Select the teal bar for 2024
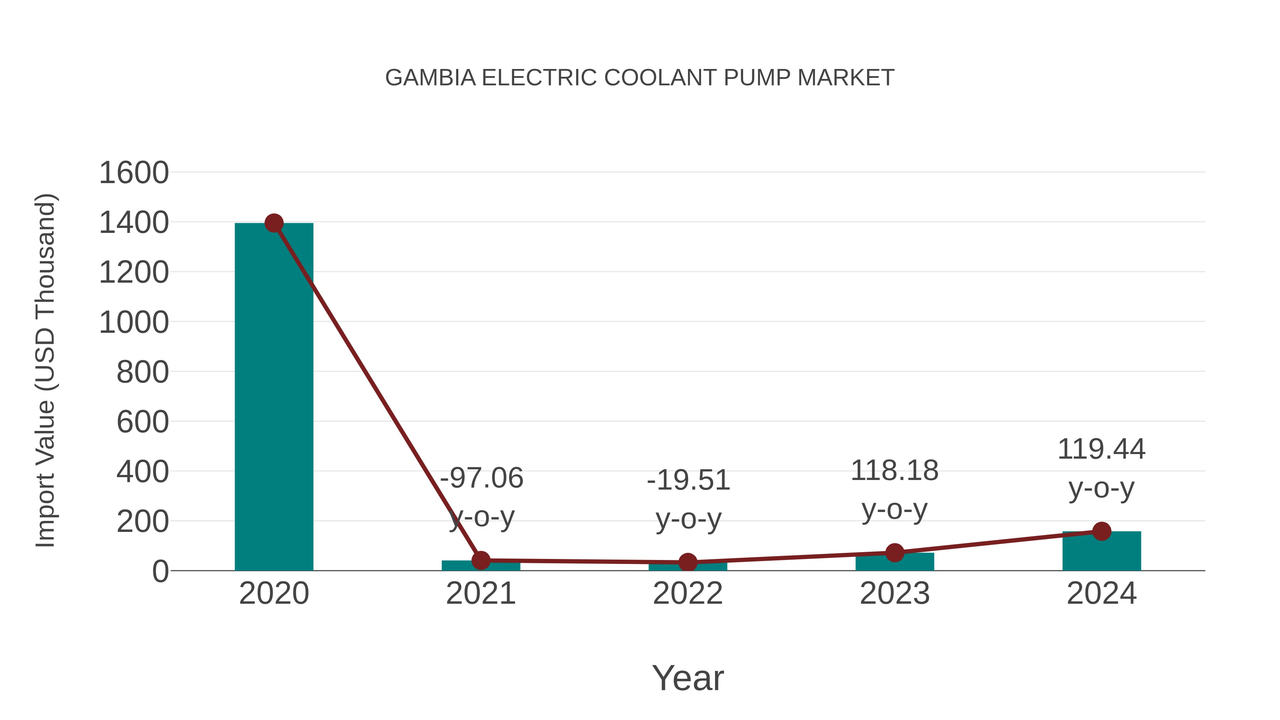click(x=1102, y=551)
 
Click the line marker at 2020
click(x=274, y=223)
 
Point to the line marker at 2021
click(x=480, y=560)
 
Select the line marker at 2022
click(x=688, y=562)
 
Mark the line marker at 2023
click(x=895, y=553)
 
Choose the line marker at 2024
click(x=1102, y=531)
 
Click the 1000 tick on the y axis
click(x=134, y=322)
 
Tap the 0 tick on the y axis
click(x=160, y=571)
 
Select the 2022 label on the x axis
click(x=688, y=593)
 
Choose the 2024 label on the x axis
click(x=1102, y=593)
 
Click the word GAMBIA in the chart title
click(x=430, y=78)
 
